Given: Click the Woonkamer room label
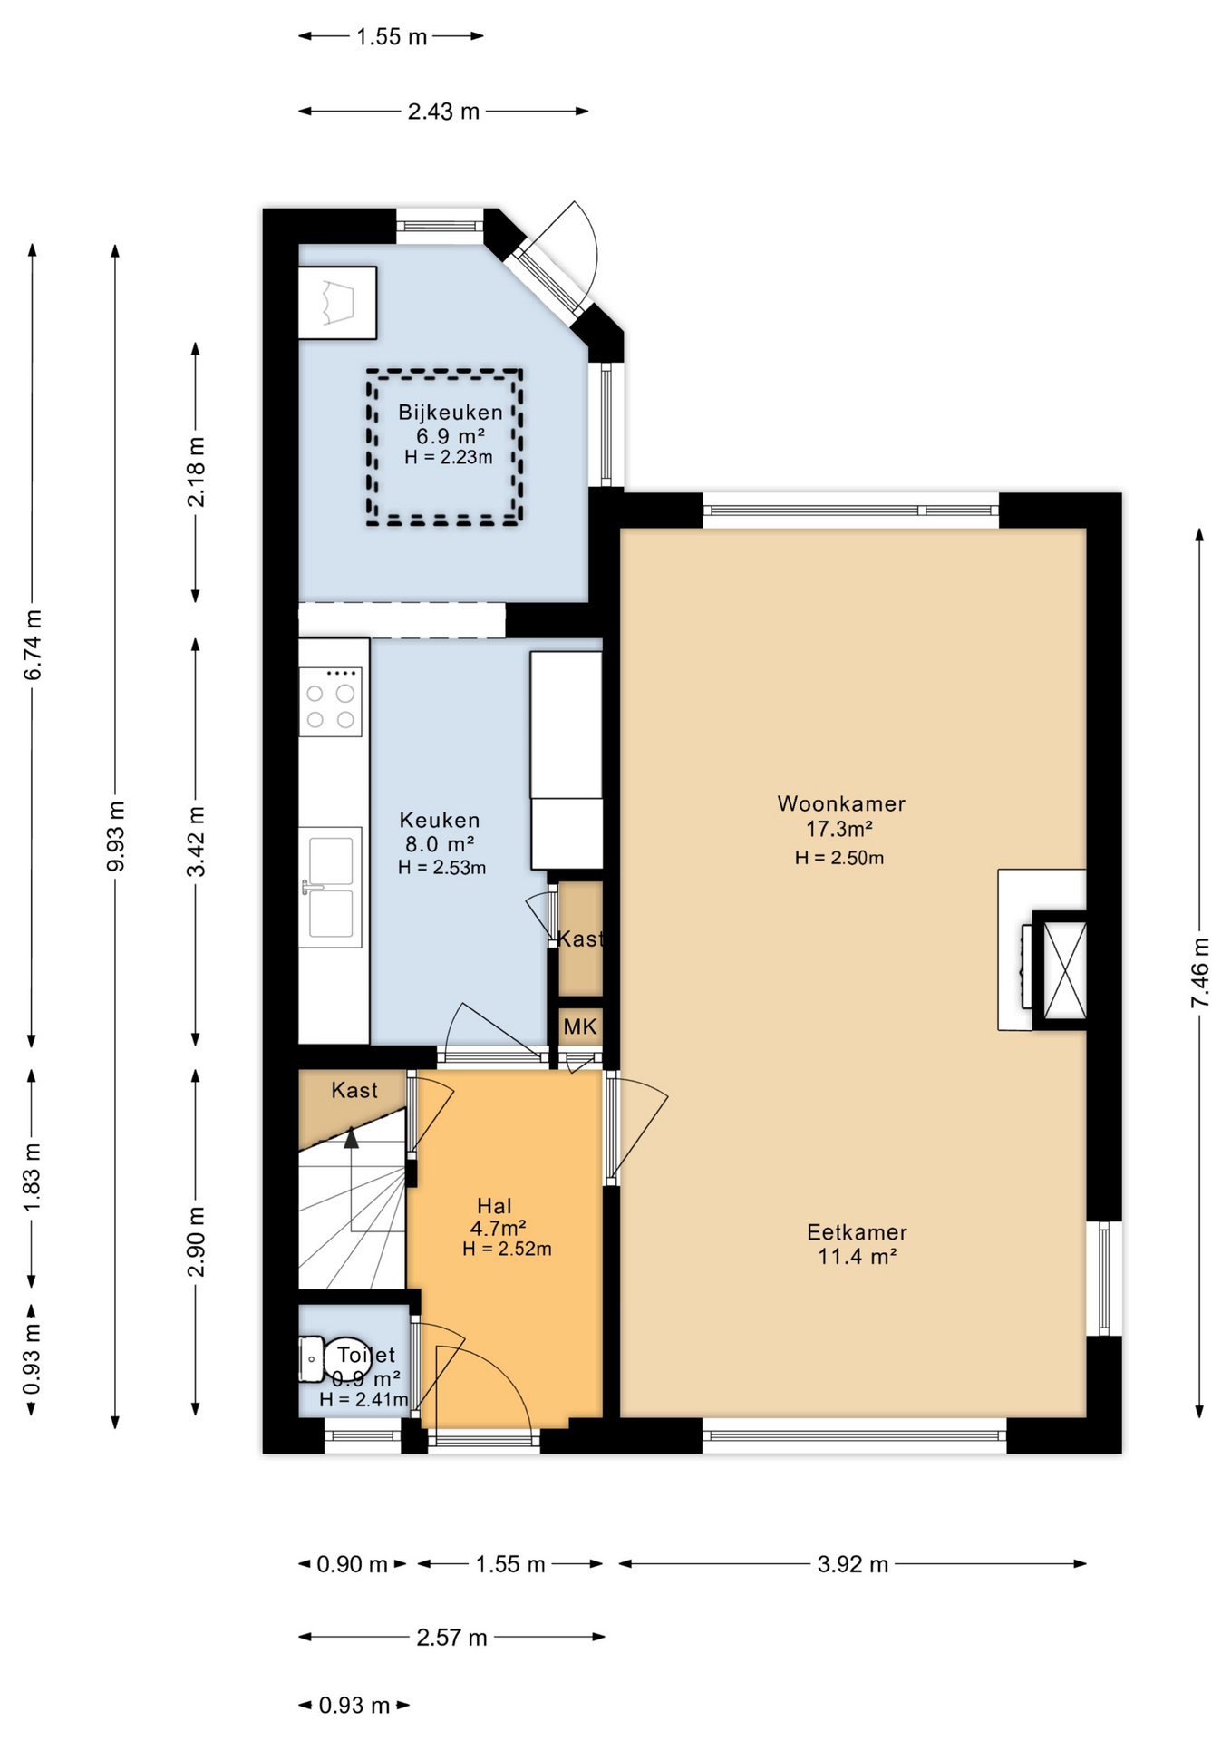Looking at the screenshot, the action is coord(841,803).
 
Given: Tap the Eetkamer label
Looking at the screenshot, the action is coord(857,1232).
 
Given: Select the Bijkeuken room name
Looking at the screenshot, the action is coord(451,413).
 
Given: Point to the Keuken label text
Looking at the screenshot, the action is coord(440,820).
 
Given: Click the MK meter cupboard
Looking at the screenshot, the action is coord(580,1026).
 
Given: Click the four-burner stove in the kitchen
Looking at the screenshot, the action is coord(331,702).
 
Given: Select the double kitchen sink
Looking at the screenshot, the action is coord(330,887).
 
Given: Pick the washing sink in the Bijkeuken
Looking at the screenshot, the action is coord(337,303).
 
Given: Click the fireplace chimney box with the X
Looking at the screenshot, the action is coord(1060,970).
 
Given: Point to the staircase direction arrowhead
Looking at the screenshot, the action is coord(351,1137).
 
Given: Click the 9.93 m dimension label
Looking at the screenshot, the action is coord(116,836).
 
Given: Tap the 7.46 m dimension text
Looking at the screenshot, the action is coord(1200,972).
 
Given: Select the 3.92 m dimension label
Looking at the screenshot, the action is coord(853,1564).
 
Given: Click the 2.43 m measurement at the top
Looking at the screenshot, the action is coord(443,112).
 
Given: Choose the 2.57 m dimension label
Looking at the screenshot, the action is coord(451,1638).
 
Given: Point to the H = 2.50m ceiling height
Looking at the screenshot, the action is coord(839,858).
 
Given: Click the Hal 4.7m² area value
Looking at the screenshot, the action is coord(499,1229).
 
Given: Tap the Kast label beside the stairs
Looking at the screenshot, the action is coord(354,1090).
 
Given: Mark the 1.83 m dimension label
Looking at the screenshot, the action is coord(33,1177).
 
